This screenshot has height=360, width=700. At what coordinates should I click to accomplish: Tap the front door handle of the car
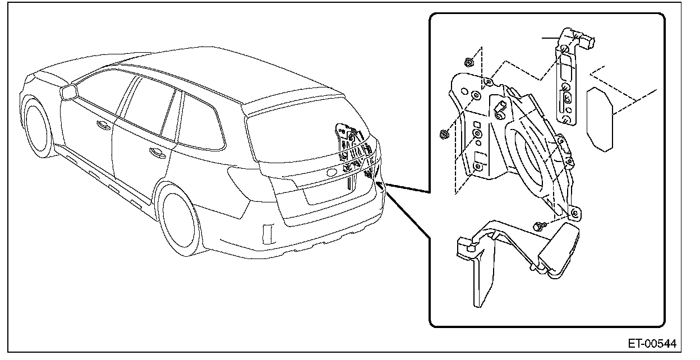pos(104,126)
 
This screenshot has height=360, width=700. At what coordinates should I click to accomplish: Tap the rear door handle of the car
pos(154,151)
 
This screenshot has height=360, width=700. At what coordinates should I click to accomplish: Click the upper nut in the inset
pos(470,62)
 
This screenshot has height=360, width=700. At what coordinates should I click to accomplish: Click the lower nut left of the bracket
pos(444,134)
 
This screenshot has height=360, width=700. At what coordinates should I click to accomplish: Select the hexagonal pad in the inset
pos(599,117)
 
